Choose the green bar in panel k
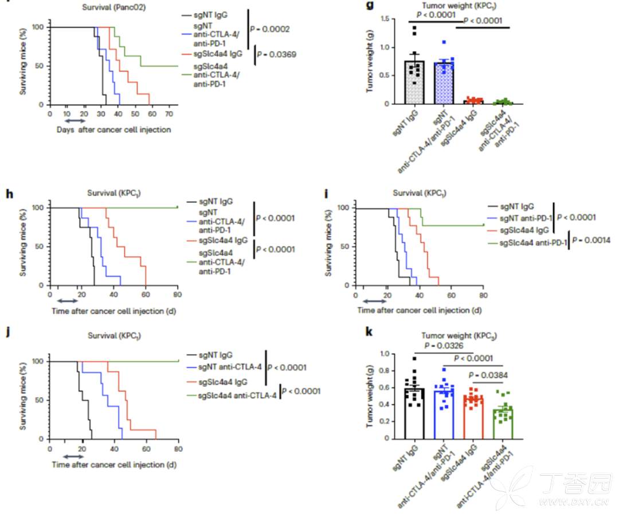coord(504,424)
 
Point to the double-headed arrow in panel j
coord(73,456)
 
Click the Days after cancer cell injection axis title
coord(113,130)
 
